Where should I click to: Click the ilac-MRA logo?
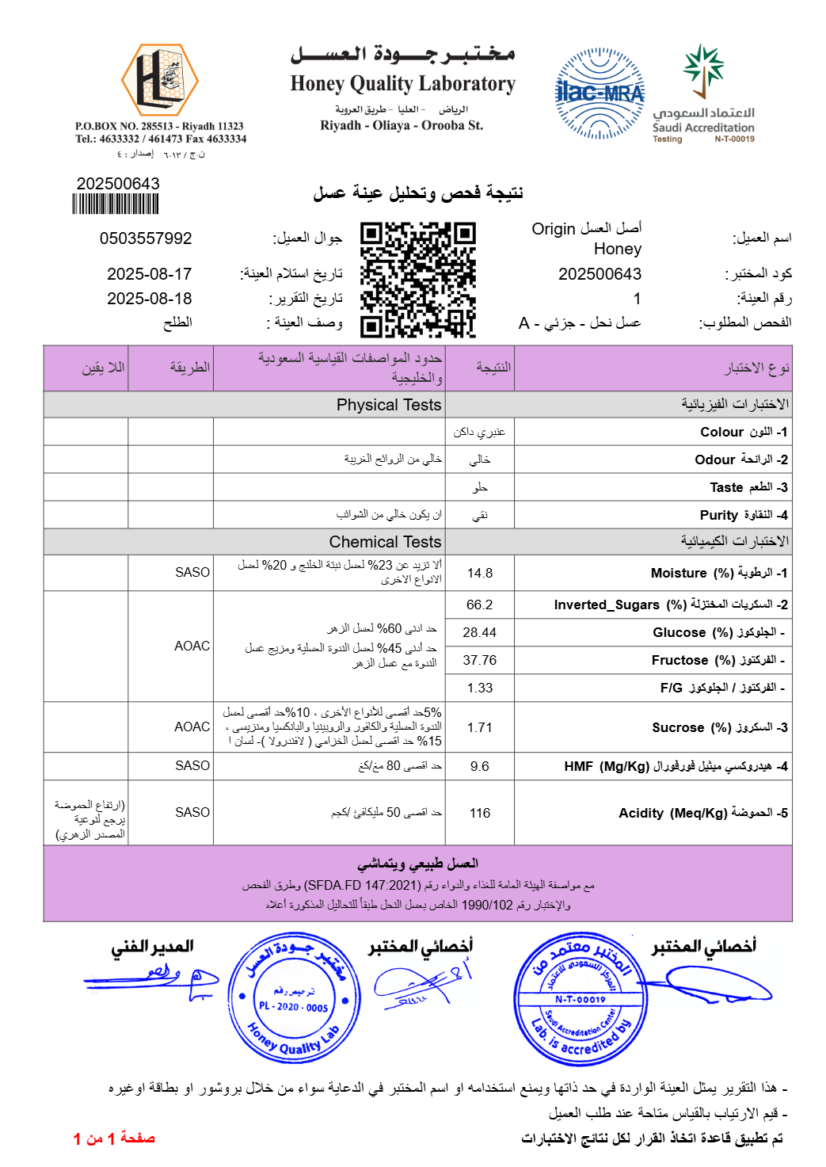[600, 93]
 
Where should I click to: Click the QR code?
[417, 280]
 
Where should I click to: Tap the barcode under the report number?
[116, 204]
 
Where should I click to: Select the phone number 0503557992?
[146, 238]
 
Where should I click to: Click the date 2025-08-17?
[150, 274]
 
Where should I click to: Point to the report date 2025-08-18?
[150, 299]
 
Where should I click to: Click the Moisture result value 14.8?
[480, 573]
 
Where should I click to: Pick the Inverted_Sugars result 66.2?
[480, 604]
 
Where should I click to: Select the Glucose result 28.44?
[480, 632]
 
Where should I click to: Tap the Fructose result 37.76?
[480, 660]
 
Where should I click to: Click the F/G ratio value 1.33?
[480, 688]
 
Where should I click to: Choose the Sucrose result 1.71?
[480, 727]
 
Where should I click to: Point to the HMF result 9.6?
[480, 766]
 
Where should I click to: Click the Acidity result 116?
[480, 813]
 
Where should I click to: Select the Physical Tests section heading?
[389, 405]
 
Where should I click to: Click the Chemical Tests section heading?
[385, 542]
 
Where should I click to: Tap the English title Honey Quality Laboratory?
[402, 83]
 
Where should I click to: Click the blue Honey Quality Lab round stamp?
[295, 998]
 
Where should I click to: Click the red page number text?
[114, 1138]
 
